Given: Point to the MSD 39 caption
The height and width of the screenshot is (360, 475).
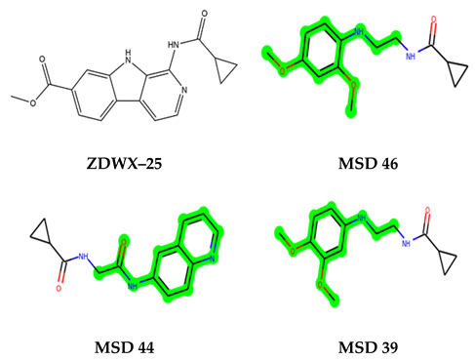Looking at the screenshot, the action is (x=364, y=345).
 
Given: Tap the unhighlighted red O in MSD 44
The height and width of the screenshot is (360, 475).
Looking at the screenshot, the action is (x=59, y=290).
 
